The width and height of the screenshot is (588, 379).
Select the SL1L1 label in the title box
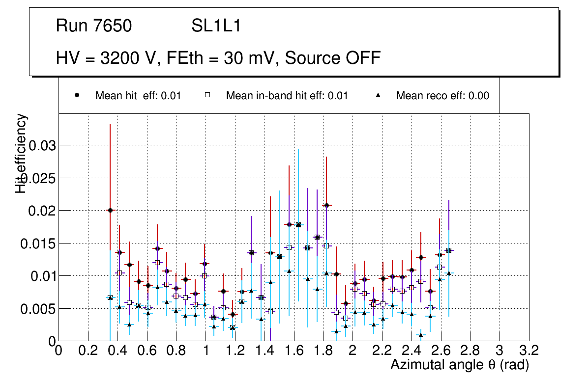point(216,26)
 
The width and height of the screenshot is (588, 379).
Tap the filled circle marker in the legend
point(77,95)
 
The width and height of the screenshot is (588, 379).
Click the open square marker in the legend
point(207,95)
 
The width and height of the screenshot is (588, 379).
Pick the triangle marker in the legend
point(378,95)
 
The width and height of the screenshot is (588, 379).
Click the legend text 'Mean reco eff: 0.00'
point(442,96)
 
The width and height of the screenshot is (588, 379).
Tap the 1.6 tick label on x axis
point(294,351)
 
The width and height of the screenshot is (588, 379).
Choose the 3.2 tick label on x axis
point(529,351)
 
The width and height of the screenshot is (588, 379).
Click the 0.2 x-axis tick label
point(88,351)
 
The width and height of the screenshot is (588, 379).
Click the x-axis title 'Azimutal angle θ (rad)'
point(460,365)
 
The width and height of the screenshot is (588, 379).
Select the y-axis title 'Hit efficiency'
point(21,153)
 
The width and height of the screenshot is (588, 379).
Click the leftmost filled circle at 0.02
point(110,210)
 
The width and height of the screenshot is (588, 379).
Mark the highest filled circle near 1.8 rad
point(326,205)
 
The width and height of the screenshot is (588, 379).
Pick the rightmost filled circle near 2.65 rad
point(448,250)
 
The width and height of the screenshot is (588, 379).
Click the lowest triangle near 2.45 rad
point(420,335)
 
